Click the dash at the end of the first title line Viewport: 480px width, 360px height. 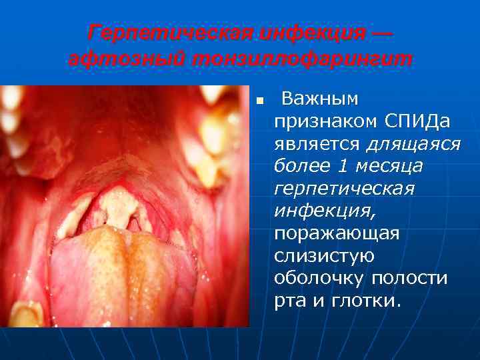pos(383,31)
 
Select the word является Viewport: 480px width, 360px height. pos(317,144)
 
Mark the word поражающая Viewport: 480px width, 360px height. pos(337,233)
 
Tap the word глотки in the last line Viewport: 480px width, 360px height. pos(366,301)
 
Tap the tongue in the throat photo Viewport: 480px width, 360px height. pos(120,273)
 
